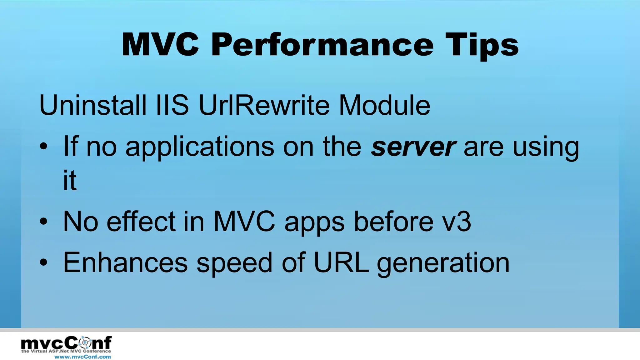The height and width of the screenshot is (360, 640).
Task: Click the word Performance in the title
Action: click(x=322, y=46)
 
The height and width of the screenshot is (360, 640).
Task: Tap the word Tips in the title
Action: click(x=482, y=46)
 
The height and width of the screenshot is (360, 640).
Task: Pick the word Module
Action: click(x=384, y=105)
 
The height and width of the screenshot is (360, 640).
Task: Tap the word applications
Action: click(x=200, y=147)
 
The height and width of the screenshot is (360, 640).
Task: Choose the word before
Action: click(x=394, y=222)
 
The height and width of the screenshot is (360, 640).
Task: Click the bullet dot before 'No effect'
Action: click(x=44, y=222)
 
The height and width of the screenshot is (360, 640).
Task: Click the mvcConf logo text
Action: click(x=66, y=343)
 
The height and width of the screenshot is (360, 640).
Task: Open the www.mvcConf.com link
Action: click(x=82, y=357)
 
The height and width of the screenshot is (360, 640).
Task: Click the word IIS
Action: click(x=172, y=105)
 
